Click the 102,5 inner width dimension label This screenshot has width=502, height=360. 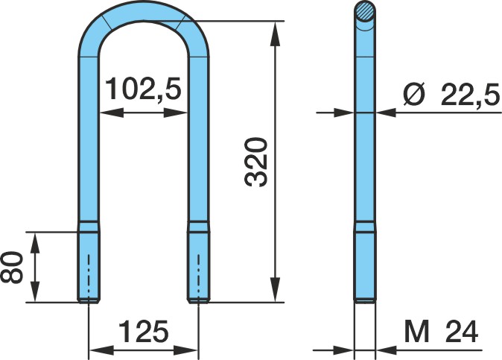pyautogui.click(x=143, y=89)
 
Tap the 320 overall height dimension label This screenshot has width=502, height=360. pyautogui.click(x=255, y=162)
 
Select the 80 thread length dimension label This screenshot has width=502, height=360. pyautogui.click(x=12, y=268)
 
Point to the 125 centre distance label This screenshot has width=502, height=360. pyautogui.click(x=144, y=331)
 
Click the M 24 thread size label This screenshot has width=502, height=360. pyautogui.click(x=442, y=332)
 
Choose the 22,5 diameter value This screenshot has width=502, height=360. pyautogui.click(x=470, y=95)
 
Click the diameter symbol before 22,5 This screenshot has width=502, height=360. pyautogui.click(x=414, y=95)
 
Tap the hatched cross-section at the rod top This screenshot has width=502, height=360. pyautogui.click(x=365, y=11)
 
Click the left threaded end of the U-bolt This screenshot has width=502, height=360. pyautogui.click(x=89, y=267)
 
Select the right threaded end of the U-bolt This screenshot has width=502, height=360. pyautogui.click(x=199, y=267)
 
